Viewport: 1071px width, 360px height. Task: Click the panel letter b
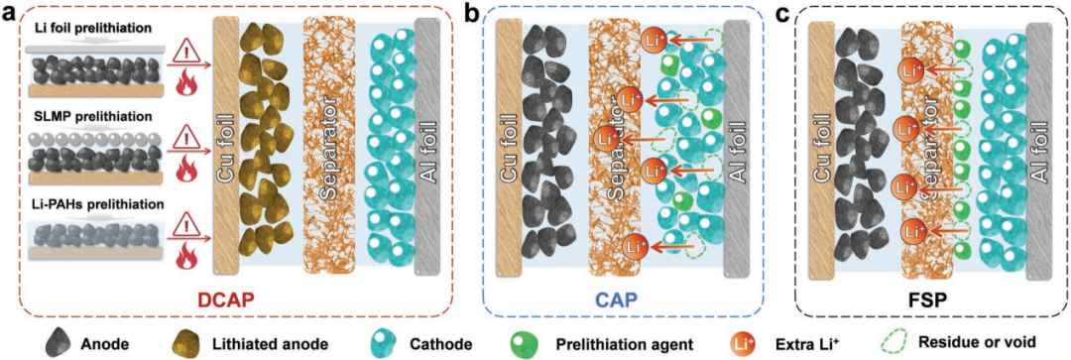click(472, 12)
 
